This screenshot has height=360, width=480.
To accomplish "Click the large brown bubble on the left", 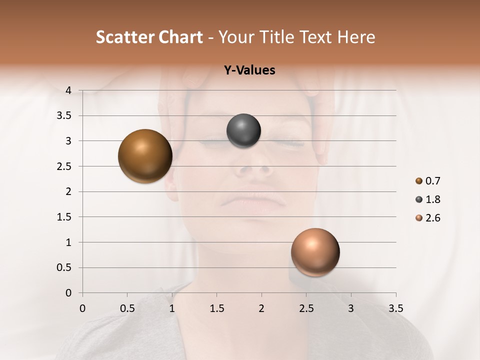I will point(145,156).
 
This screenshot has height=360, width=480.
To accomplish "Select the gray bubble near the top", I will point(243,131).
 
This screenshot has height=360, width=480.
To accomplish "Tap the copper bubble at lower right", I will point(315,252).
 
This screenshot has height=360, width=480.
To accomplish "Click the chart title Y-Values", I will point(249,70).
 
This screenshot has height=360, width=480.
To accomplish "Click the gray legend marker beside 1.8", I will point(419,199).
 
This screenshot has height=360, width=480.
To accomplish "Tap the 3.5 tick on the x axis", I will point(395,308).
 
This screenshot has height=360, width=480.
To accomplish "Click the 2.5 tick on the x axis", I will point(306,308).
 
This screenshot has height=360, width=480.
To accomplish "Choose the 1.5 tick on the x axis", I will point(216,308).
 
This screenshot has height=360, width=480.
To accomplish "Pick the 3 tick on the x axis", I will point(351,308).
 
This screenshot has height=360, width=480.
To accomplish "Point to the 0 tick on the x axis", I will point(82,308).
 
